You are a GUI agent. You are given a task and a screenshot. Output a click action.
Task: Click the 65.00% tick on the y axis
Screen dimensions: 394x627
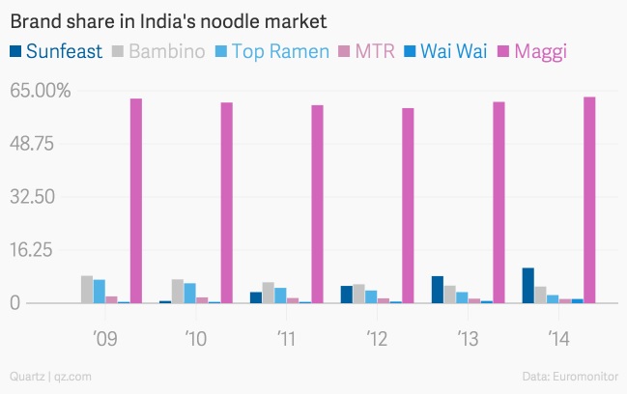point(40,91)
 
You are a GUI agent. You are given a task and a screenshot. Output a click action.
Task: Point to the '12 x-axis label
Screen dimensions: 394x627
point(377,339)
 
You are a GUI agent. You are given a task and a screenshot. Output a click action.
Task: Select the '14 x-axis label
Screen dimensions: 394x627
point(558,339)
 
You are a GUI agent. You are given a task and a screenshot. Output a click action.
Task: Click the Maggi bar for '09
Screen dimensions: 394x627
point(136,201)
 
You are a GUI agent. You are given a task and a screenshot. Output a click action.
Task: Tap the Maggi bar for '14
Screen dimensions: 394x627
point(589,200)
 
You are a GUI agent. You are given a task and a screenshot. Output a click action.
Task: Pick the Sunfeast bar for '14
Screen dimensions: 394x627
point(528,286)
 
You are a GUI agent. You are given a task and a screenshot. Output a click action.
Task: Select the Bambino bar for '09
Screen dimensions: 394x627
point(87,290)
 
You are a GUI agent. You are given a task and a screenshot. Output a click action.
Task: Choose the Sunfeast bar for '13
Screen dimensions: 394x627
point(438,290)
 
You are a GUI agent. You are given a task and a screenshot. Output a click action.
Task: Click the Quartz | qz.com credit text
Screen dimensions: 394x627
point(50,376)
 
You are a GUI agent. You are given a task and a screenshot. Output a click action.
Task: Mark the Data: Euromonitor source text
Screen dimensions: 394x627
point(571,376)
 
